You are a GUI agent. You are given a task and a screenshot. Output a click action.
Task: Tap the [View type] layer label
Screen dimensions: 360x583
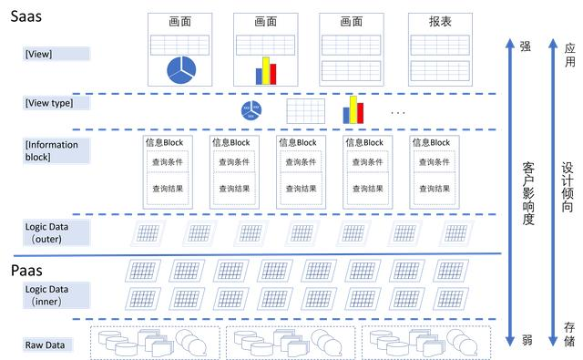click(49, 103)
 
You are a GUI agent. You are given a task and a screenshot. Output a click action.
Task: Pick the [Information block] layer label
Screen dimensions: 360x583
click(52, 150)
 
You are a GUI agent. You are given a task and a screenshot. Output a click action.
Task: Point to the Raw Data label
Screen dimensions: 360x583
click(45, 345)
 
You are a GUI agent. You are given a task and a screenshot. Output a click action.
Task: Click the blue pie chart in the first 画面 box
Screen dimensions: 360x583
click(179, 69)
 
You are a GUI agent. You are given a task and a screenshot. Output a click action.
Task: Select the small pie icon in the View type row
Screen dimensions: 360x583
click(251, 111)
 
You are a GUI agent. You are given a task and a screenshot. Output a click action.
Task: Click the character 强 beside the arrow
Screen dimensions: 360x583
click(526, 46)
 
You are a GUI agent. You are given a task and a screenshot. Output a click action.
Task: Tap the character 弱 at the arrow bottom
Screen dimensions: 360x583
click(526, 339)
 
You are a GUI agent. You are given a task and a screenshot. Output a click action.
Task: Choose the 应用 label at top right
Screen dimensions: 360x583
click(569, 54)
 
